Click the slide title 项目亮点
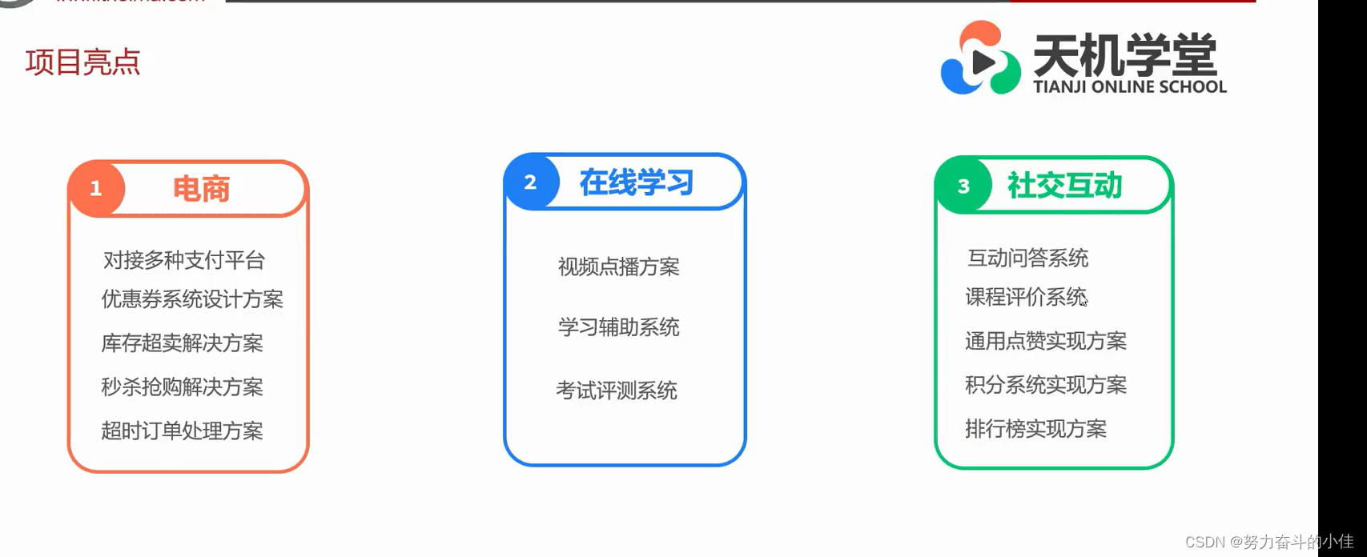point(82,62)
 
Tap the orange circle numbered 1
point(96,189)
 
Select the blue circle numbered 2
point(530,182)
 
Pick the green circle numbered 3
point(963,186)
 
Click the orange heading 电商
point(201,190)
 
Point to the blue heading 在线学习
point(637,183)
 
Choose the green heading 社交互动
point(1064,186)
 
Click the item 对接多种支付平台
point(184,260)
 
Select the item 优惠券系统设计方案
point(192,299)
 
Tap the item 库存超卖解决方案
point(182,343)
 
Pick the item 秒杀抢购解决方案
point(182,387)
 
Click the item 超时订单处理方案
point(182,431)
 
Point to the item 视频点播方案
point(618,266)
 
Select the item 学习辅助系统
point(618,327)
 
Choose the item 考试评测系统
point(617,391)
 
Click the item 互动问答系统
point(1027,258)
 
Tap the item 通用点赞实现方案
point(1045,341)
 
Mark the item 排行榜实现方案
point(1035,429)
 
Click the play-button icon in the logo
point(982,62)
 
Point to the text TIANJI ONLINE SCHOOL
point(1129,86)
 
